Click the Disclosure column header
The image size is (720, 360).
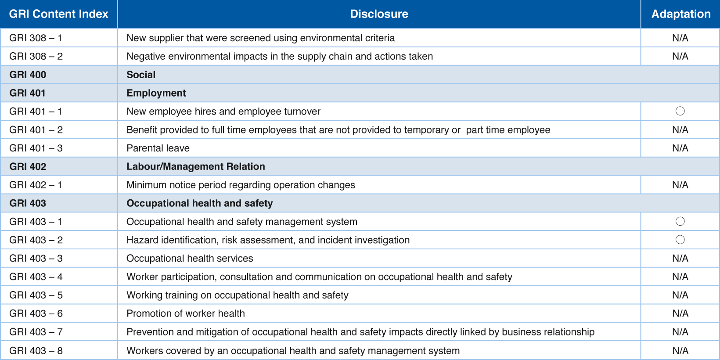coord(379,14)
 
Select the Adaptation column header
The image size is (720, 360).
coord(681,14)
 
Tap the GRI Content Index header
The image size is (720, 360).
coord(58,14)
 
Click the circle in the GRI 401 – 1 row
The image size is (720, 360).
coord(680,111)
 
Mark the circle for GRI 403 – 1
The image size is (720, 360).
coord(680,221)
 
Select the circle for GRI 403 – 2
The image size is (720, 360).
coord(680,240)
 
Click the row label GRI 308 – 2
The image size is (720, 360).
coord(36,56)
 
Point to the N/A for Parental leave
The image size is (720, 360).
coord(680,148)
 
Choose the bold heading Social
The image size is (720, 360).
coord(141,75)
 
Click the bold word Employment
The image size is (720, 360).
coord(156,93)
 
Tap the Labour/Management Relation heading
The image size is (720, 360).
coord(196,166)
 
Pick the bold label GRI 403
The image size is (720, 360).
coord(28,203)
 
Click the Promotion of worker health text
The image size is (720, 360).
coord(185,313)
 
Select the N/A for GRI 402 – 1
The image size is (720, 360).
coord(680,185)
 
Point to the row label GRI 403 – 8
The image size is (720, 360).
coord(36,351)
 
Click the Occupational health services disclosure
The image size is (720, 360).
coord(190,259)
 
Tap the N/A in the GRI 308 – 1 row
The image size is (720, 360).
coord(680,38)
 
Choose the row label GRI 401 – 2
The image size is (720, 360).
coord(36,130)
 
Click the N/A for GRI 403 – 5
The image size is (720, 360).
coord(680,295)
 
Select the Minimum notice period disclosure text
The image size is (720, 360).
coord(241,185)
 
